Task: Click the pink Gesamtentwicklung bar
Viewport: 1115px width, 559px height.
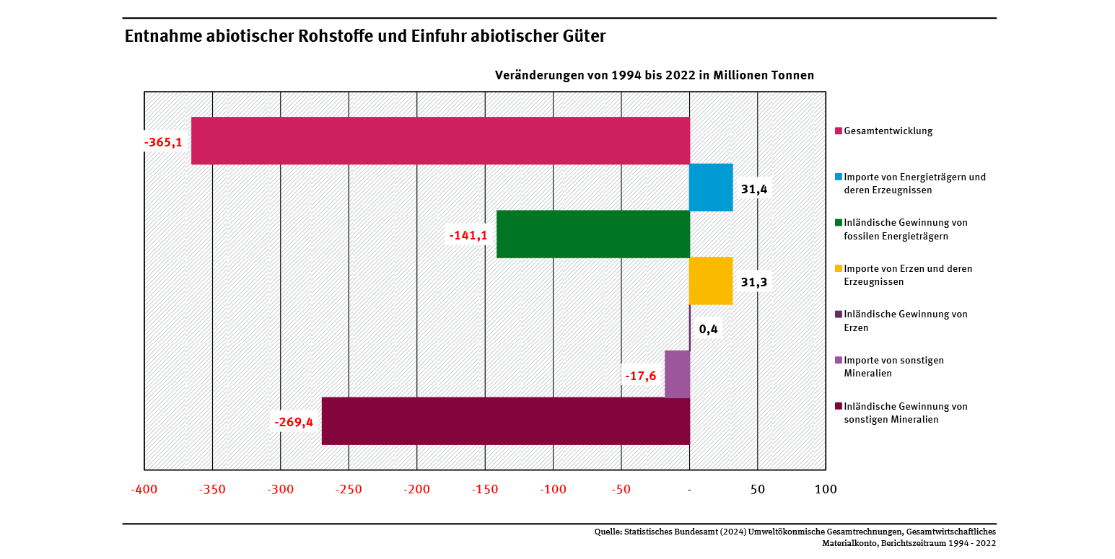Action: coord(440,141)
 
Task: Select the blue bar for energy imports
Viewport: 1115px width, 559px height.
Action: coord(711,188)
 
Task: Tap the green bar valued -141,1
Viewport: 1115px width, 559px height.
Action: coord(593,234)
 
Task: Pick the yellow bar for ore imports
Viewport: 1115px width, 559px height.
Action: coord(711,281)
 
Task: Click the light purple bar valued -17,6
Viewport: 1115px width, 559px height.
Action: coord(677,374)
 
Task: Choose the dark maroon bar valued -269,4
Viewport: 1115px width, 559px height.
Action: coord(505,421)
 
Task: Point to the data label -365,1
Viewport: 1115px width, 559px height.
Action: coord(162,142)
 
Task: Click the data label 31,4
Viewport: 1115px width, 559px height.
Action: coord(754,189)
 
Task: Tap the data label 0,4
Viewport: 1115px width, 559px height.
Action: coord(708,329)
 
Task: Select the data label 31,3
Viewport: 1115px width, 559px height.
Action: coord(754,282)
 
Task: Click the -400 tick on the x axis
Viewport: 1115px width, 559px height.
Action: coord(144,489)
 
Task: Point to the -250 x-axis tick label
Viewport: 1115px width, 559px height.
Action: coord(349,489)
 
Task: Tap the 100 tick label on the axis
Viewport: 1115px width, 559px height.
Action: coord(826,489)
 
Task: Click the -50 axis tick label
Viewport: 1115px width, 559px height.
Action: coord(621,489)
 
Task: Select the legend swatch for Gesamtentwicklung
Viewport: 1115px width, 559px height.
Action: coord(839,131)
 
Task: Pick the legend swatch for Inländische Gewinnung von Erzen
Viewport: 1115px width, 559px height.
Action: coord(839,314)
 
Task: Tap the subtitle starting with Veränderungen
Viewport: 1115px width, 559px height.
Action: coord(654,75)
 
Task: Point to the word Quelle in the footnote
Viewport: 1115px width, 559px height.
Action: coord(608,532)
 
